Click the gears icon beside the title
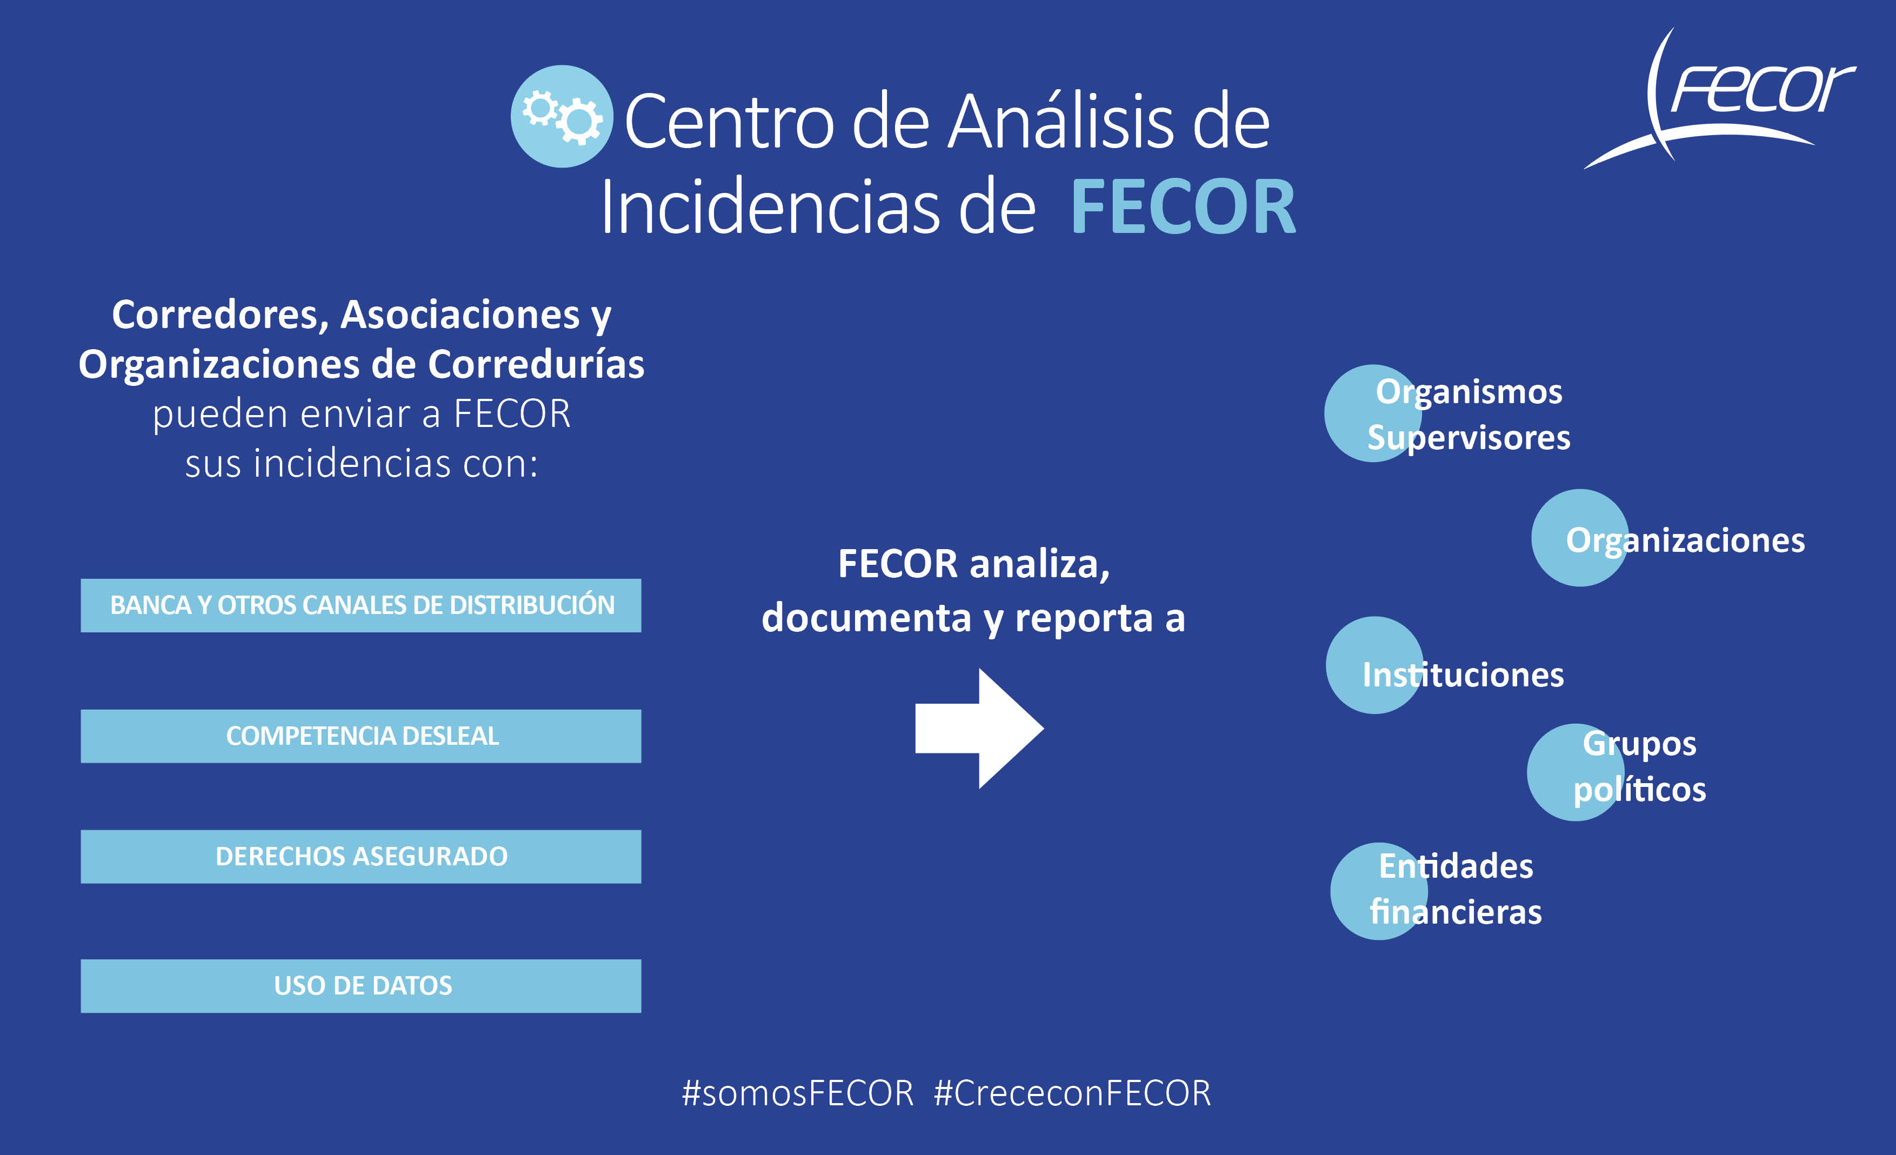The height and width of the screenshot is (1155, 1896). pyautogui.click(x=562, y=116)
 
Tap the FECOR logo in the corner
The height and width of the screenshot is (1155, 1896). pyautogui.click(x=1720, y=98)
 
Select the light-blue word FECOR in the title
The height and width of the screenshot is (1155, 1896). pyautogui.click(x=1183, y=206)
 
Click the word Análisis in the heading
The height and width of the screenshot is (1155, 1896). pyautogui.click(x=1060, y=121)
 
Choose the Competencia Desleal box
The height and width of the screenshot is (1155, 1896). pyautogui.click(x=361, y=736)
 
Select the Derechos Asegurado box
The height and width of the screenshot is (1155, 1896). pyautogui.click(x=361, y=857)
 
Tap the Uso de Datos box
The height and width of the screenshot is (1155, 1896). pyautogui.click(x=361, y=986)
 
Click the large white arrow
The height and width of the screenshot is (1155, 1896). pyautogui.click(x=979, y=729)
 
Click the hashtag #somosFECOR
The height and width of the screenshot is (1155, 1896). pyautogui.click(x=798, y=1093)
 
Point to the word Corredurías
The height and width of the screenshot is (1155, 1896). pyautogui.click(x=536, y=364)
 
